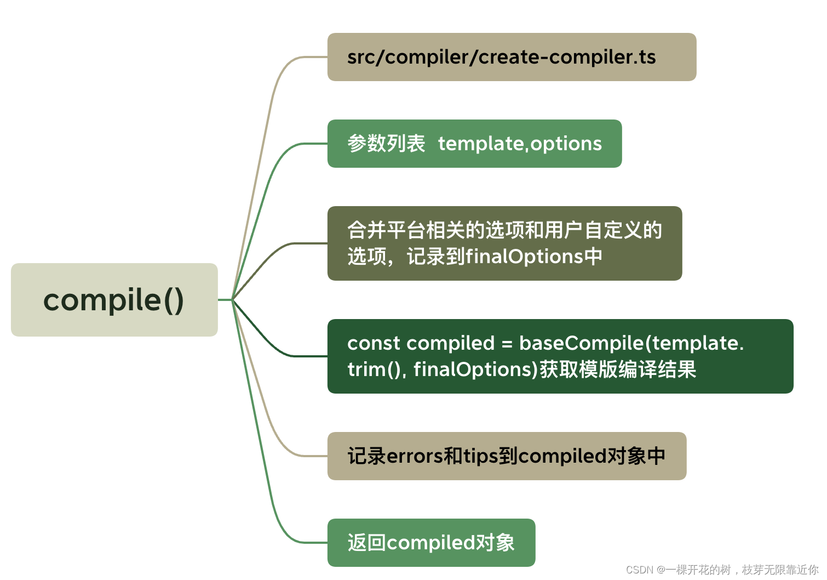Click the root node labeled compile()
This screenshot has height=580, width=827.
[x=114, y=300]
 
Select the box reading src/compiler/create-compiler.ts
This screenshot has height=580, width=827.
[x=512, y=57]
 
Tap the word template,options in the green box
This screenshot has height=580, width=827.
[x=519, y=144]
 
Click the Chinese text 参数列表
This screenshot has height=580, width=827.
[x=386, y=144]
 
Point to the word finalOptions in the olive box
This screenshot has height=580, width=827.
[x=524, y=257]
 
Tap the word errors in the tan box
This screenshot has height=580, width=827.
[x=414, y=456]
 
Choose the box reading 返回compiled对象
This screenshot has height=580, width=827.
[x=431, y=543]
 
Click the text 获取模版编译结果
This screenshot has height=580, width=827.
[x=618, y=369]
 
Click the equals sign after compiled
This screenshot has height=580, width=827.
[x=507, y=344]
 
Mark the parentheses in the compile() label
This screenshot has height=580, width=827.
[x=173, y=300]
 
